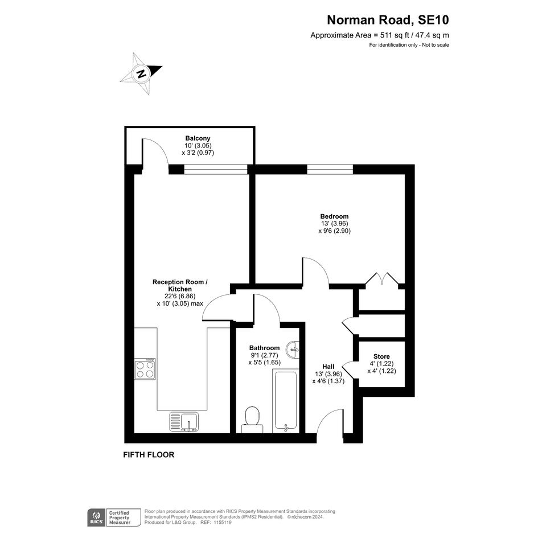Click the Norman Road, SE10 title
coord(388,20)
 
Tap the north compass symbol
coord(141,74)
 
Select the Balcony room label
coord(198,138)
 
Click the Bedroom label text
coord(334,216)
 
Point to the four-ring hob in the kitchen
coord(145,369)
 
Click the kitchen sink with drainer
coord(184,422)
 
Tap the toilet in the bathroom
coord(252,420)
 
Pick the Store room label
coord(381,356)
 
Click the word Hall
coord(328,367)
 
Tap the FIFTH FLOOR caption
coord(149,455)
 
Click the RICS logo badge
coord(96,518)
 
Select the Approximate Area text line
coord(380,35)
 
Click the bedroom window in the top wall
coord(330,169)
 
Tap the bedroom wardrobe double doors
coord(381,278)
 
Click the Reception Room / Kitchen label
coord(180,285)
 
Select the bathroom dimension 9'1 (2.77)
coord(265,355)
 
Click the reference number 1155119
coord(222,523)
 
